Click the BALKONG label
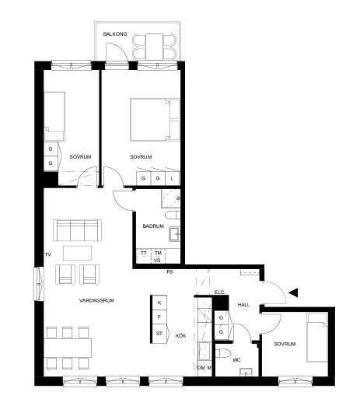115,34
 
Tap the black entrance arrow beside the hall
294,292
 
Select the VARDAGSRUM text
96,300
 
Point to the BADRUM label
153,226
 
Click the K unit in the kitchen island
159,303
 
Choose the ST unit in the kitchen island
159,334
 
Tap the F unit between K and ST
159,317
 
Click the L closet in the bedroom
172,178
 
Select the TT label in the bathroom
144,253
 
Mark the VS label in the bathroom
157,260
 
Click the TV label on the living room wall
48,254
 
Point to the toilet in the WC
223,353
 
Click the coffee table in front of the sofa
77,253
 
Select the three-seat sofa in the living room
77,230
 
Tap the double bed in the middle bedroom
155,120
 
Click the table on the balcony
154,47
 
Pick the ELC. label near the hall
220,292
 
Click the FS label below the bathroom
170,271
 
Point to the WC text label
236,360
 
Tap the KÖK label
180,336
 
